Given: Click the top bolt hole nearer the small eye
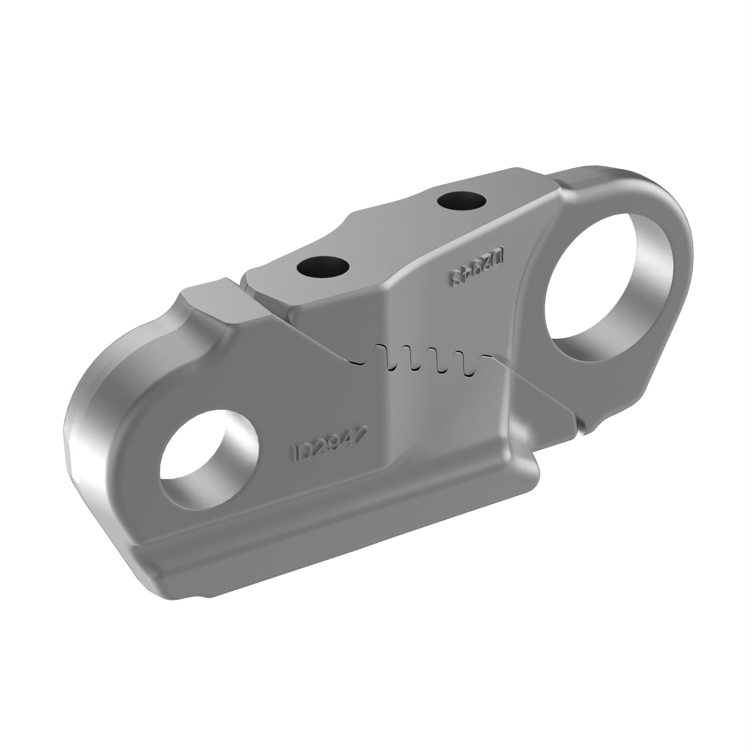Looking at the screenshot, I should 323,267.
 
